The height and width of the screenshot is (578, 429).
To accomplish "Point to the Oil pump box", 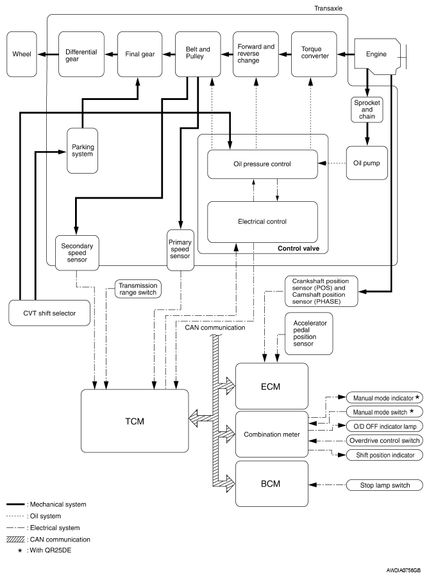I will tap(367, 163).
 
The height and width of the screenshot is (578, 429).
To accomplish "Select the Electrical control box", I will tap(262, 222).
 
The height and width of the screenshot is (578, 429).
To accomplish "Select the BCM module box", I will tap(262, 481).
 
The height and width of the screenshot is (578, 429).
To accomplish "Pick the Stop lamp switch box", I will tap(384, 484).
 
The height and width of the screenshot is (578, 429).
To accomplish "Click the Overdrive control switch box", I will tap(384, 440).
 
